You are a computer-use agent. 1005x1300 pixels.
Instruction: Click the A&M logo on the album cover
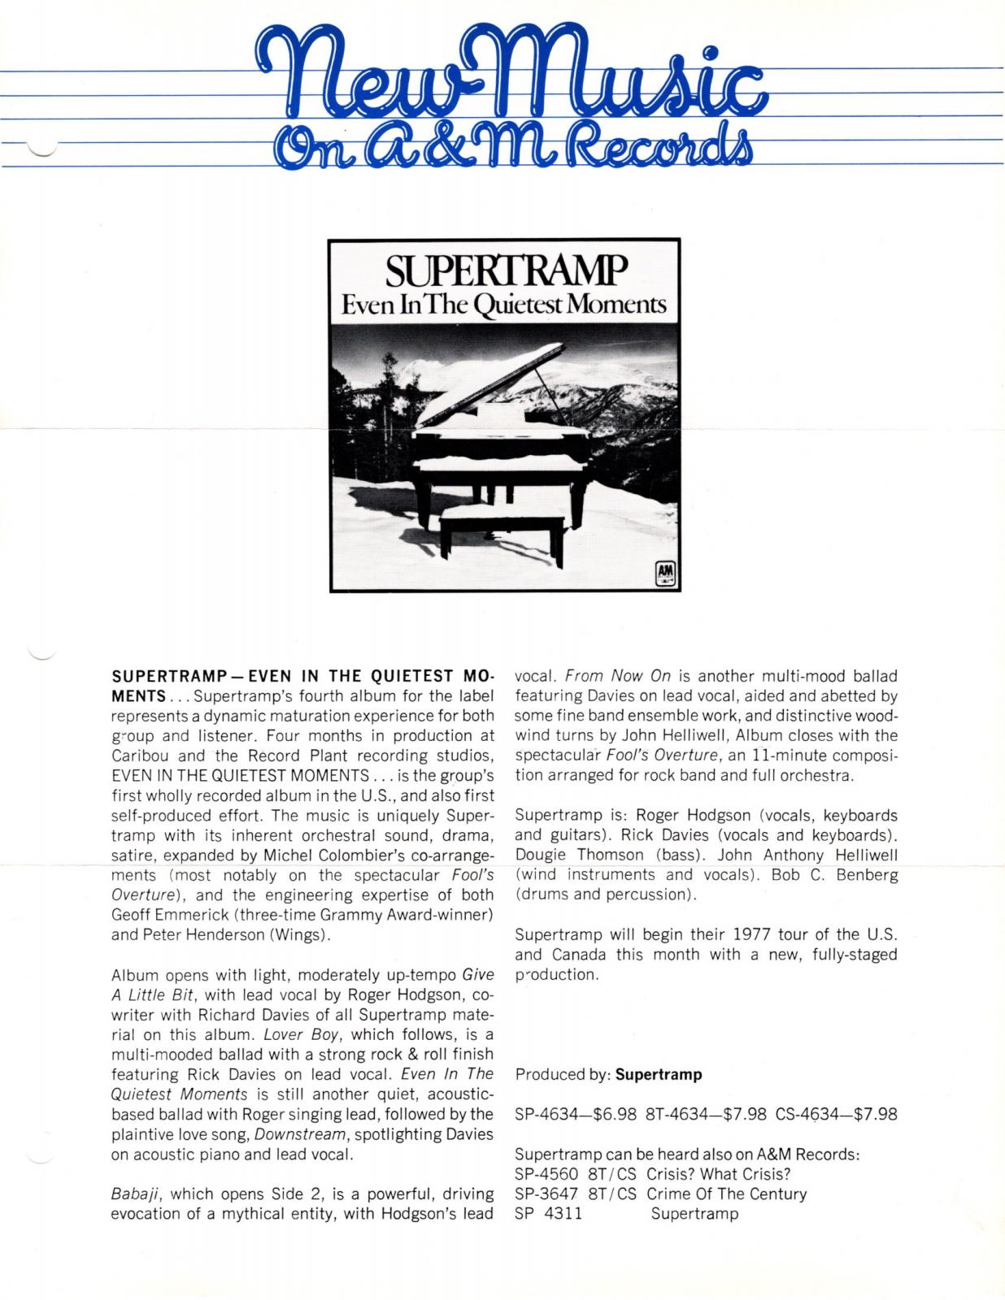(666, 574)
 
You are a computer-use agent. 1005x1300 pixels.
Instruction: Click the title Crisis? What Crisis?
(719, 1174)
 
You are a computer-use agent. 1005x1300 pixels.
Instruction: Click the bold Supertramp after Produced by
(659, 1074)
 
